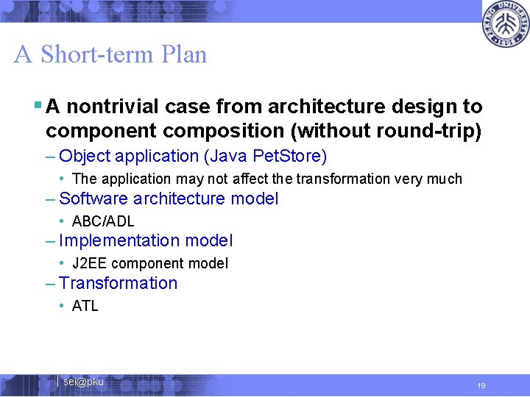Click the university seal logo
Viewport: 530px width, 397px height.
(x=505, y=24)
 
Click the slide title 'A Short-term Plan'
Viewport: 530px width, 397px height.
(x=110, y=54)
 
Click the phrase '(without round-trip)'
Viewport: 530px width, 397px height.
(x=397, y=131)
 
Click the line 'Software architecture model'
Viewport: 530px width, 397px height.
(x=169, y=198)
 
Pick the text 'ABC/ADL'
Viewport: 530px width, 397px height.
(x=103, y=221)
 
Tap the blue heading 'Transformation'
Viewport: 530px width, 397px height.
(x=118, y=283)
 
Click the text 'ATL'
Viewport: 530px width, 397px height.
(x=85, y=306)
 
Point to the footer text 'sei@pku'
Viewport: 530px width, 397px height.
(x=83, y=382)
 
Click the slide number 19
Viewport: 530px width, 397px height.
(x=481, y=385)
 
